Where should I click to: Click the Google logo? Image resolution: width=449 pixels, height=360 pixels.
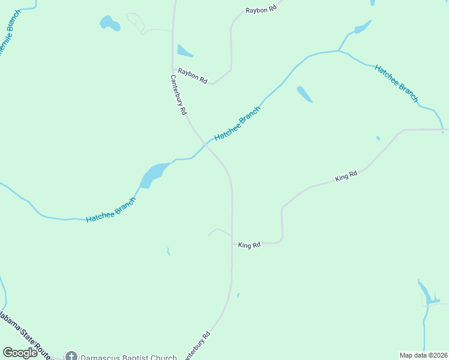tap(20, 353)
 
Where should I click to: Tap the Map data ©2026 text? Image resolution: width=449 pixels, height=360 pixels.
tap(423, 355)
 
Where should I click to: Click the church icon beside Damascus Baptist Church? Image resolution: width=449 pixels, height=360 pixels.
tap(71, 357)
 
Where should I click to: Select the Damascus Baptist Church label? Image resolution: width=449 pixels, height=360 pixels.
tap(129, 358)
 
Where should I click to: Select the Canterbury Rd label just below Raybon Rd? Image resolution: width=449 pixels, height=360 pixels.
tap(179, 95)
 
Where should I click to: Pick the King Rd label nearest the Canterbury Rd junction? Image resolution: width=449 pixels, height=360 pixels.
tap(249, 245)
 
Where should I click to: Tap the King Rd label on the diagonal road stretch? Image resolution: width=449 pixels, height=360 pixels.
tap(346, 176)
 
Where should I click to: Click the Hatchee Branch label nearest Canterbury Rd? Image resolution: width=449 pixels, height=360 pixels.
tap(238, 124)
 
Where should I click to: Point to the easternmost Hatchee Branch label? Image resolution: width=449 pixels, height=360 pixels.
tap(396, 83)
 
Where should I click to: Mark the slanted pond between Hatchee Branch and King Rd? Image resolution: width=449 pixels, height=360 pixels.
tap(304, 94)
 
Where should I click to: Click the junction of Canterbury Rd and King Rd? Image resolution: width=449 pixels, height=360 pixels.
tap(232, 242)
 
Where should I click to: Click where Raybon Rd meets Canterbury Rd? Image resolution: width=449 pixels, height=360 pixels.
tap(173, 70)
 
